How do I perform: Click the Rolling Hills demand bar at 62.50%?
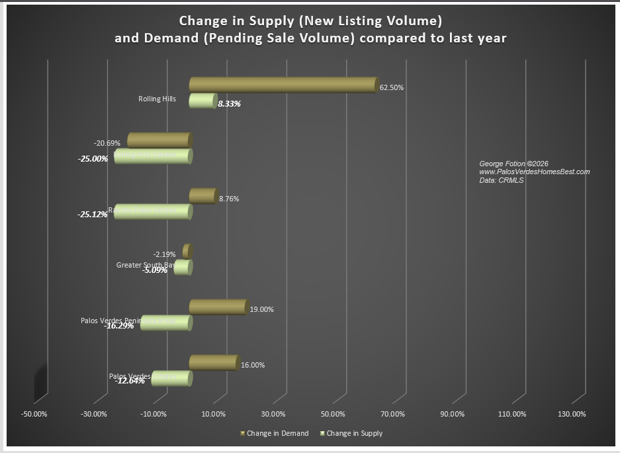tap(283, 85)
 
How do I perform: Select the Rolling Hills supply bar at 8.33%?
tap(202, 101)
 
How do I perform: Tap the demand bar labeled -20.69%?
tap(159, 140)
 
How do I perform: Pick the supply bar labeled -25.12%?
tap(153, 212)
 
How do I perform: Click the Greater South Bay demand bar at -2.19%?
tap(187, 251)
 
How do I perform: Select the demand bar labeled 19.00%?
tap(218, 307)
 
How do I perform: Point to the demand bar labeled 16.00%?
tap(213, 362)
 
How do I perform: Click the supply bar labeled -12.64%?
tap(172, 378)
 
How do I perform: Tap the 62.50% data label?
tap(392, 87)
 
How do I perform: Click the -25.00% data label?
tap(93, 159)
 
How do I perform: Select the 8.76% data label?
tap(228, 199)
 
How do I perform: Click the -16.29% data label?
tap(119, 326)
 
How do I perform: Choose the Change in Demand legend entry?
tap(277, 433)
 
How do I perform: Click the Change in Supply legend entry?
tap(354, 433)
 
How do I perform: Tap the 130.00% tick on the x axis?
tap(572, 414)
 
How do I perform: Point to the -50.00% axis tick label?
tap(34, 414)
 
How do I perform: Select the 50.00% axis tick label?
tap(333, 414)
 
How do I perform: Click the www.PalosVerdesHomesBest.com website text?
tap(534, 172)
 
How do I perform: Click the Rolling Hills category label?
tap(157, 99)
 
